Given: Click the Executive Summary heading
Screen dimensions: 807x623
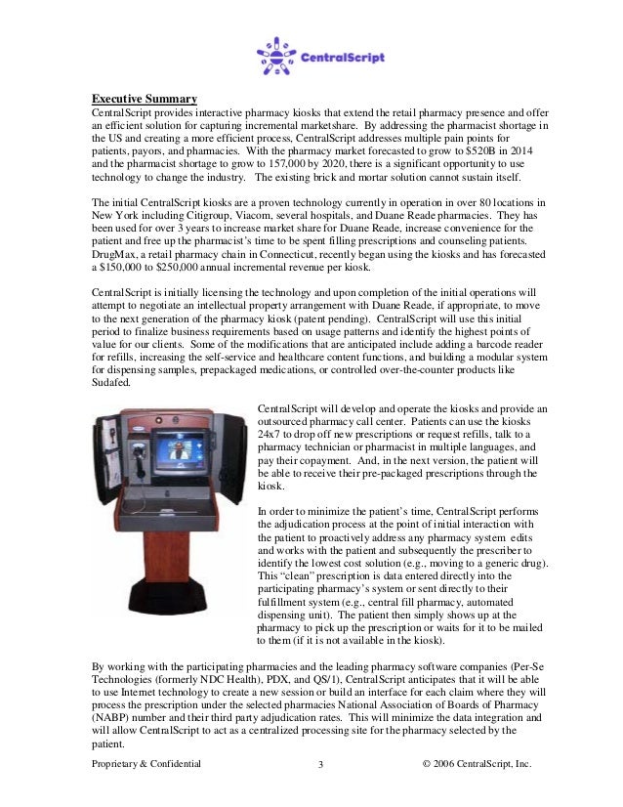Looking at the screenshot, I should click(145, 99).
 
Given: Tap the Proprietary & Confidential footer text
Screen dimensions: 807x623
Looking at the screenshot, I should click(145, 763).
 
